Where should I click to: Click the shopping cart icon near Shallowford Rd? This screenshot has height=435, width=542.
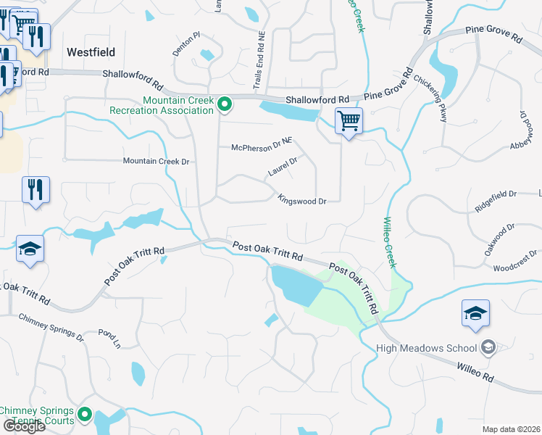click(349, 121)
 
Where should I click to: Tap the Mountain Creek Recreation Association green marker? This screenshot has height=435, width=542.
click(225, 105)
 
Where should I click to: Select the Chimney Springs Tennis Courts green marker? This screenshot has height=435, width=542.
click(85, 415)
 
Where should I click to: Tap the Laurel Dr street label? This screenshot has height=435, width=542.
click(283, 167)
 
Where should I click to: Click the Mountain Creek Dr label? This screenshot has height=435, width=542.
click(156, 161)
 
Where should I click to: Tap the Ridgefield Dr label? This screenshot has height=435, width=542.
click(496, 194)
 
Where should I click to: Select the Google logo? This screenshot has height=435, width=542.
click(24, 426)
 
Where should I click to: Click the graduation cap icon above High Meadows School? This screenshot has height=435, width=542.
click(475, 314)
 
